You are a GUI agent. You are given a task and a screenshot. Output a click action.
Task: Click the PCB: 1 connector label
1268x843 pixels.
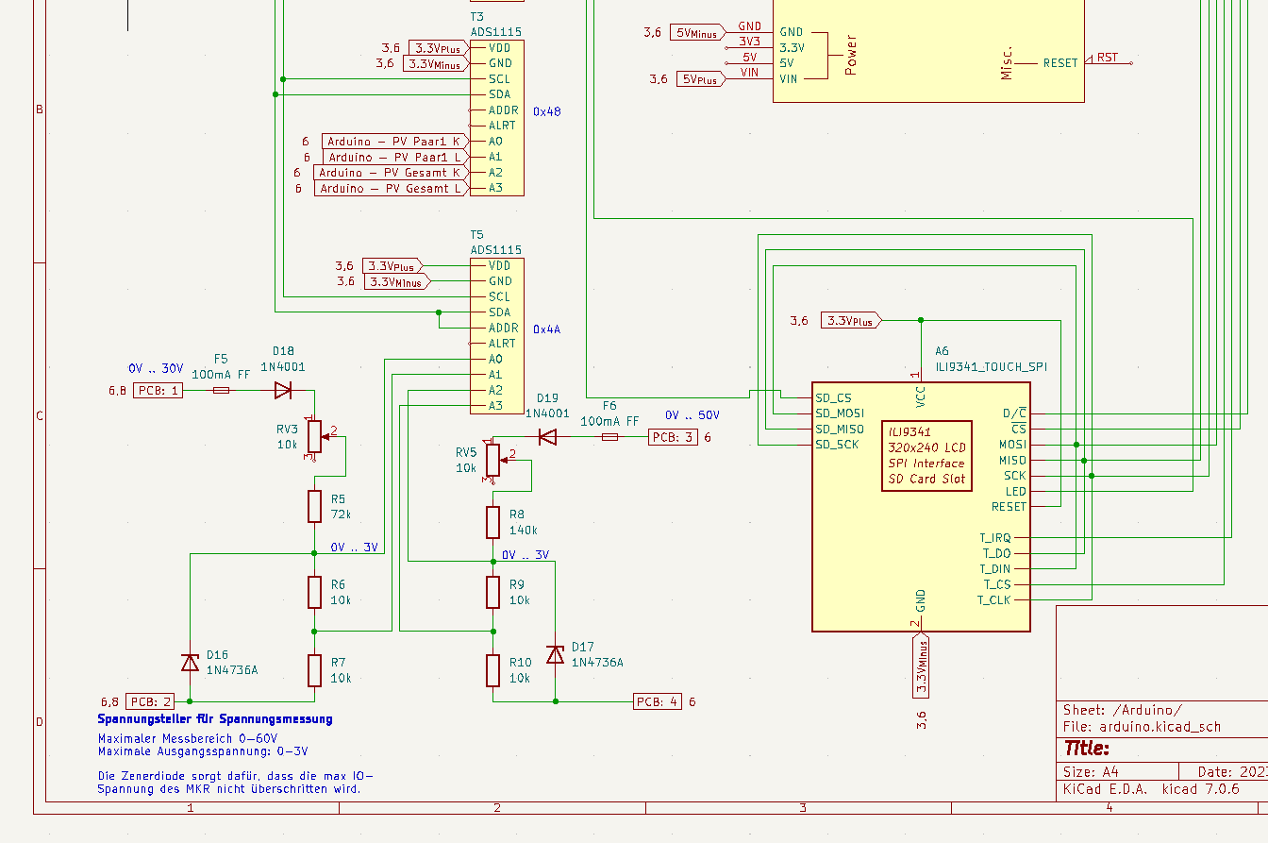[157, 390]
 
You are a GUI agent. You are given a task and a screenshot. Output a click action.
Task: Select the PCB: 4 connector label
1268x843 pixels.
[657, 701]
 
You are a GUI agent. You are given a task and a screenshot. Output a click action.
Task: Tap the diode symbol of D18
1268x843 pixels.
[283, 390]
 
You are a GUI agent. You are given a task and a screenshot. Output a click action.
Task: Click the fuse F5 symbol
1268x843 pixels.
[221, 390]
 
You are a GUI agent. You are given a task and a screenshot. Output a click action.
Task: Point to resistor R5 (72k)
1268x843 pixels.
[315, 507]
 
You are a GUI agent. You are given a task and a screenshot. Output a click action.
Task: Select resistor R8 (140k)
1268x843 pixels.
[492, 522]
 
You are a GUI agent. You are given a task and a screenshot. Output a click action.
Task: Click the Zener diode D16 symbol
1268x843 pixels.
[191, 663]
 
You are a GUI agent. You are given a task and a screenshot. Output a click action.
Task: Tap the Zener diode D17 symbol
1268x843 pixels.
[555, 654]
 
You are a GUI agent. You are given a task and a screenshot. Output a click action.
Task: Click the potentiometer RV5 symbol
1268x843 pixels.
[492, 460]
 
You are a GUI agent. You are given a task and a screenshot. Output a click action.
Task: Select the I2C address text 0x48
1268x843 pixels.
[546, 110]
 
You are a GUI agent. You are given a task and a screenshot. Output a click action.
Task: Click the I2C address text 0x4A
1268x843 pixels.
[546, 329]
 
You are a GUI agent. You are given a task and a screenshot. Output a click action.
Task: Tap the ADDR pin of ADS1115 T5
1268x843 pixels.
[502, 328]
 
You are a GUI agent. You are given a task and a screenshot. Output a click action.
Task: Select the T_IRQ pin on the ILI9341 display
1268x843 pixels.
[995, 538]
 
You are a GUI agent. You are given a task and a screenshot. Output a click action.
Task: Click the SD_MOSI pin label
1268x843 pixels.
[839, 413]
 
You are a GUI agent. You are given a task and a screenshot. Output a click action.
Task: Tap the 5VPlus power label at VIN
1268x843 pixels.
[699, 79]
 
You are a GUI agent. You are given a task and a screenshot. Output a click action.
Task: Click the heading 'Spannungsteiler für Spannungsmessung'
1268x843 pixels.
[215, 719]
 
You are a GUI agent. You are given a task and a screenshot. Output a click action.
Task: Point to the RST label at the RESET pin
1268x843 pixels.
[1107, 58]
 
